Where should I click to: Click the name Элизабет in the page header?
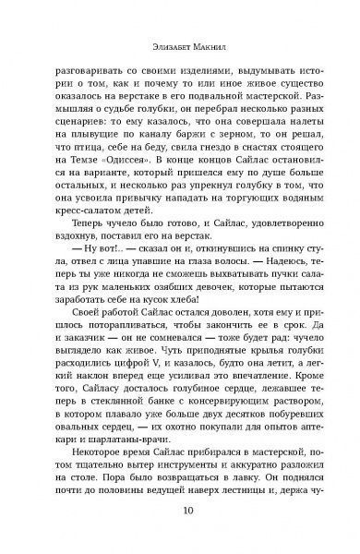coord(154,31)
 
